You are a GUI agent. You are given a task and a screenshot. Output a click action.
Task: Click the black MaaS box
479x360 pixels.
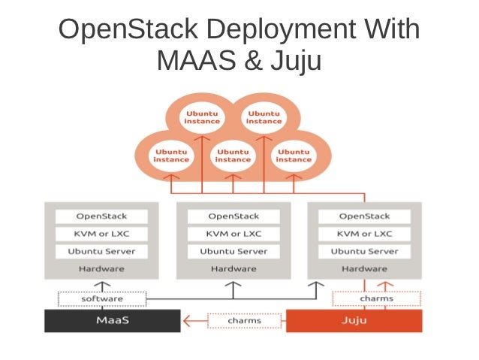point(113,321)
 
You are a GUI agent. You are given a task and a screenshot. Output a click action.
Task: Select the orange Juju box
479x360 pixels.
point(354,321)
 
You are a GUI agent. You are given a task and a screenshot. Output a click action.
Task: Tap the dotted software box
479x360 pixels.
point(102,299)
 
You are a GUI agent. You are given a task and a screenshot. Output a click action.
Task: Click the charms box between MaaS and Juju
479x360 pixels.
point(245,321)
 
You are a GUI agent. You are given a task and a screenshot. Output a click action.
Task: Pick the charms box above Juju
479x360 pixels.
point(376,298)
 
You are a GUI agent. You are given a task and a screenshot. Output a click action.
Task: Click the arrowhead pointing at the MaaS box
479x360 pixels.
point(187,321)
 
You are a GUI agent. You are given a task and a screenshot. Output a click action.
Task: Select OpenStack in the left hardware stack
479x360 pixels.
point(101,216)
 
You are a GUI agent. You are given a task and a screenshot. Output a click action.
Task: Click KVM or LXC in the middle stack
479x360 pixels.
point(233,234)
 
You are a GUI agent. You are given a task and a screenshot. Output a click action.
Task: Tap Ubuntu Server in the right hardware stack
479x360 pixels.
point(364,252)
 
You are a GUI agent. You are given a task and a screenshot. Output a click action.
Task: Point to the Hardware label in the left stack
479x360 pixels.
point(101,269)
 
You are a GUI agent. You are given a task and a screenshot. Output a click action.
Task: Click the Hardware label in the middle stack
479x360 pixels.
point(233,269)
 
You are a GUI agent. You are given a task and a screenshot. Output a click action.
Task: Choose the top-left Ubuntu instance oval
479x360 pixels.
point(202,117)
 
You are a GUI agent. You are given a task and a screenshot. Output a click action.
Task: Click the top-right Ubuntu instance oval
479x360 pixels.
point(264,117)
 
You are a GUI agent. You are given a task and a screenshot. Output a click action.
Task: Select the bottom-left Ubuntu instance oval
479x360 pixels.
point(171,156)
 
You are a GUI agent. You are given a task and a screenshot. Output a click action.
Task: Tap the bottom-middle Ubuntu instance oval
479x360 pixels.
point(233,156)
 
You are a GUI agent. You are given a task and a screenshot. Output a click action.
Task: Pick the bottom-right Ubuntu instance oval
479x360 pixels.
point(294,156)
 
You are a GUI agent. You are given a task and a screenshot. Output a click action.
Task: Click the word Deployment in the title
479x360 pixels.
point(281,30)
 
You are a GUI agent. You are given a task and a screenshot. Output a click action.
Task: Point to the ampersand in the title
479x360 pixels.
point(253,60)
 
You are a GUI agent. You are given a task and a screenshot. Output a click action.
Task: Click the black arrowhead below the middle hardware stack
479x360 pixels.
point(233,284)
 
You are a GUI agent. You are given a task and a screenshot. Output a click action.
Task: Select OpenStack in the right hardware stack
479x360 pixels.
point(364,216)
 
